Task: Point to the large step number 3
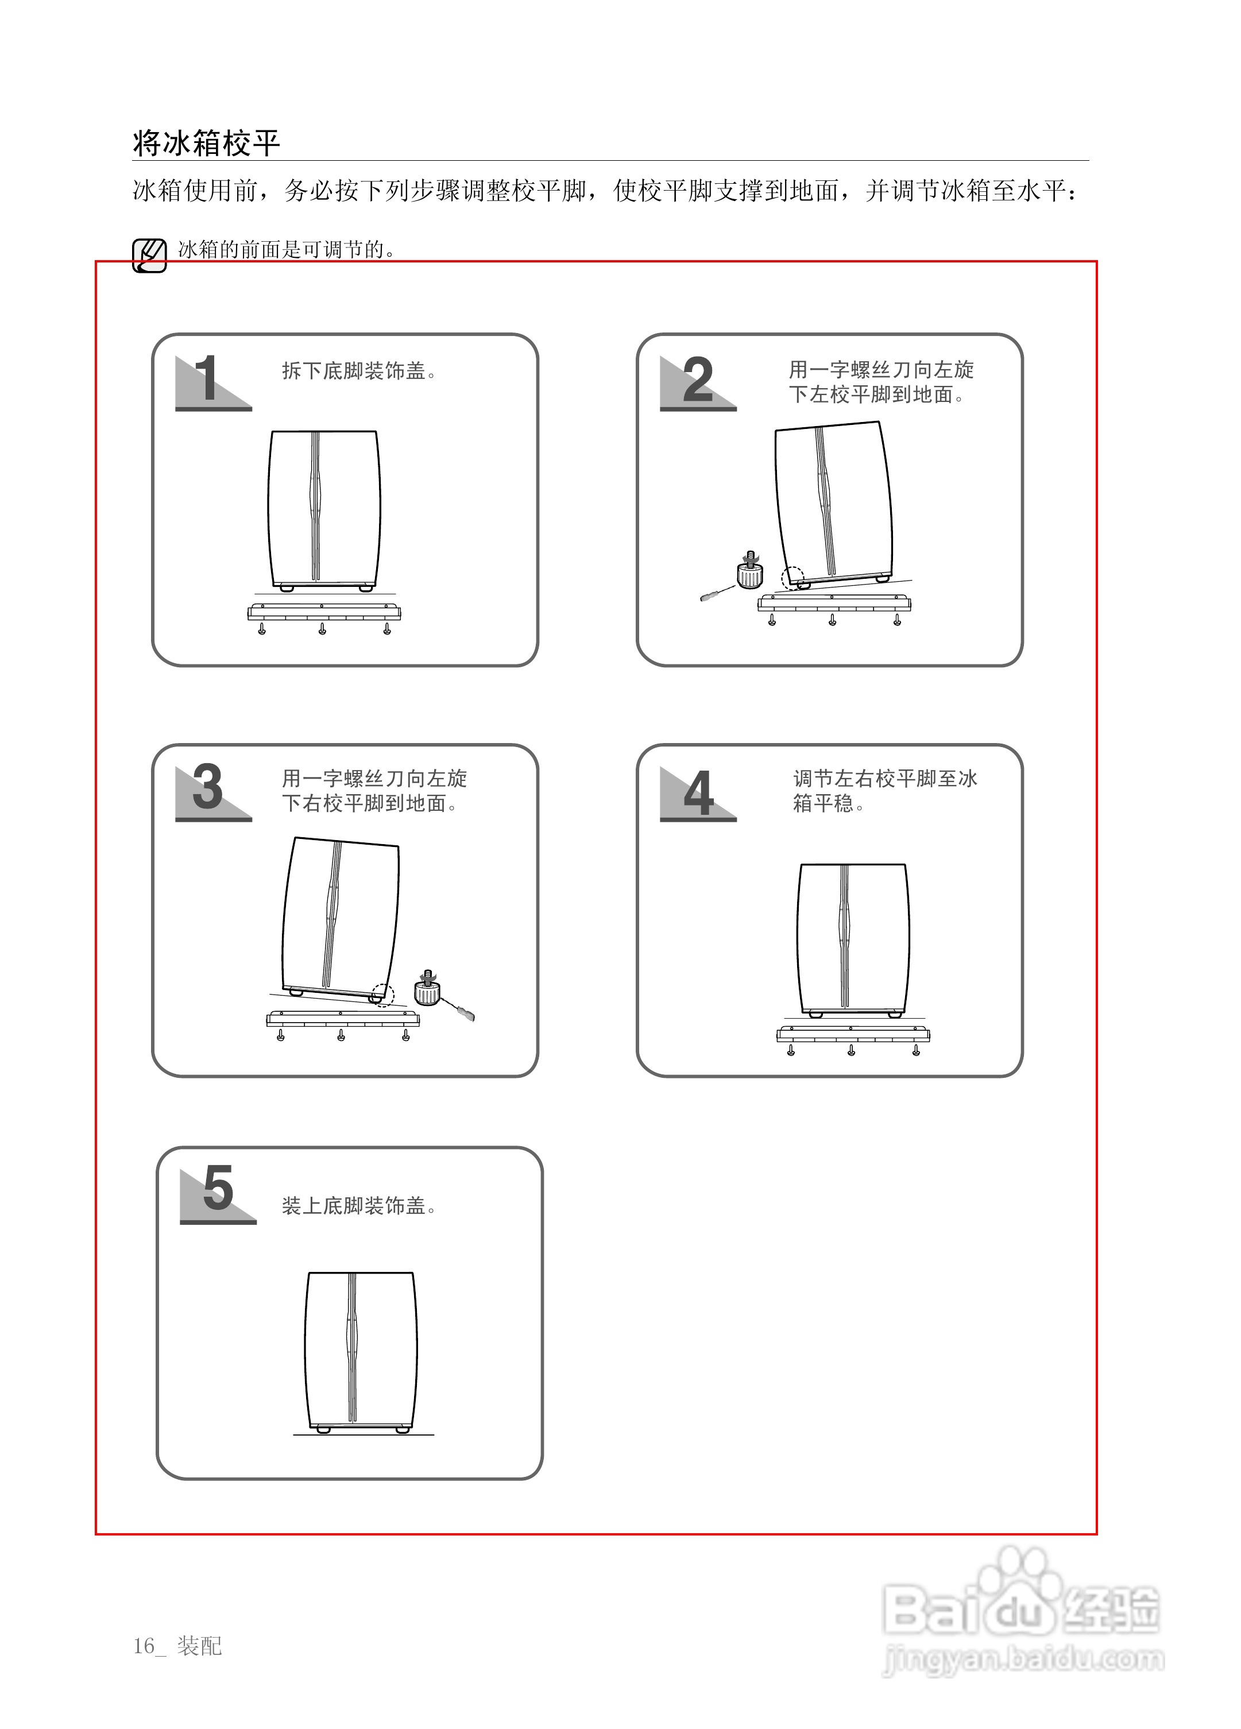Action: pos(207,787)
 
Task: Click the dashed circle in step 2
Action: pos(792,579)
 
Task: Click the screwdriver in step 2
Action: pos(715,593)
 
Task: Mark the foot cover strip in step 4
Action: pos(853,1035)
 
